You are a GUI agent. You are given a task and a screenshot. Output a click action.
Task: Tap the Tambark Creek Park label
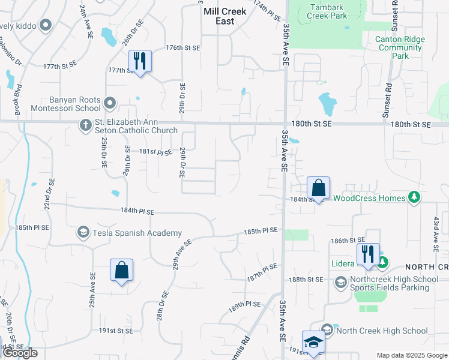pos(327,11)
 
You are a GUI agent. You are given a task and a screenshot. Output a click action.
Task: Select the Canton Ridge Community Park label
pos(400,47)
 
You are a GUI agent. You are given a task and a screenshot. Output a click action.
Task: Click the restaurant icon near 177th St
pos(140,61)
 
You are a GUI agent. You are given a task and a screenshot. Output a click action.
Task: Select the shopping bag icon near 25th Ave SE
pos(121,270)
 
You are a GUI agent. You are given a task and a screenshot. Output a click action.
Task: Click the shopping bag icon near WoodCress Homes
pos(318,188)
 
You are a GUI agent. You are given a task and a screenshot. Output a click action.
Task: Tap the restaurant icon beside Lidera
pos(368,254)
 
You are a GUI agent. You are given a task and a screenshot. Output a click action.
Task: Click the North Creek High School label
pos(382,331)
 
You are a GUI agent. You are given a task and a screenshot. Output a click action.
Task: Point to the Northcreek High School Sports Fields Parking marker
pos(340,282)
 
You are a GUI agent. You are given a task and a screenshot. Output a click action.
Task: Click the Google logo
pos(19,353)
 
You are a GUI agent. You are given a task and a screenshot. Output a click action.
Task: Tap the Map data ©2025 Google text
pos(411,355)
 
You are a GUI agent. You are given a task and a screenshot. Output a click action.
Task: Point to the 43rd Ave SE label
pos(435,233)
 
